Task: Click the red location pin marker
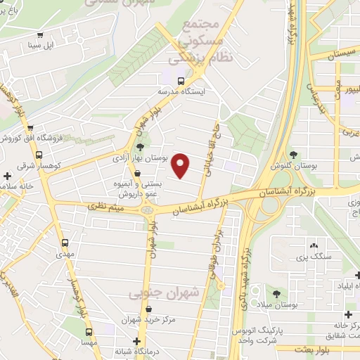[x=181, y=165]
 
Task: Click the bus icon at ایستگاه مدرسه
[x=182, y=80]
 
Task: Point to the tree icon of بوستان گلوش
[x=293, y=155]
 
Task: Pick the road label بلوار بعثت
[x=313, y=349]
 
